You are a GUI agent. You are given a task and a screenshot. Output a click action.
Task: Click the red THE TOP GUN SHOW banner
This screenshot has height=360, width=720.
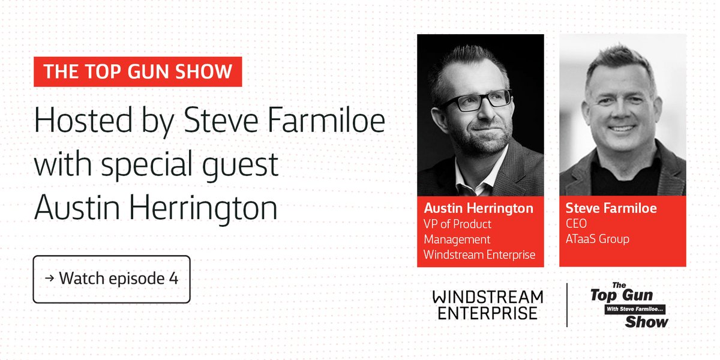[x=138, y=72]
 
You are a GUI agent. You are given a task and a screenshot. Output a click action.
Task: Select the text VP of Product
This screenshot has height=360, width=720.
[x=457, y=224]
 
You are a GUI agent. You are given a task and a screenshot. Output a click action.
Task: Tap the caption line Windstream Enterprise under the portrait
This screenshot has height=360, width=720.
[x=479, y=254]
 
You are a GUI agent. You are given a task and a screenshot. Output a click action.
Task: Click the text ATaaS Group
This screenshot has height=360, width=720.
[x=598, y=239]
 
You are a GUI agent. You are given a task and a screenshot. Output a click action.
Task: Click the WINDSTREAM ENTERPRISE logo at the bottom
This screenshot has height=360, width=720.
[x=487, y=305]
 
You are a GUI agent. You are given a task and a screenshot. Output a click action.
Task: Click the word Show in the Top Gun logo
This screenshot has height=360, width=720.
[x=646, y=322]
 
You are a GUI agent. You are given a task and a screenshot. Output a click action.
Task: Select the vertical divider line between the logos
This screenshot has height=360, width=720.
[x=567, y=305]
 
